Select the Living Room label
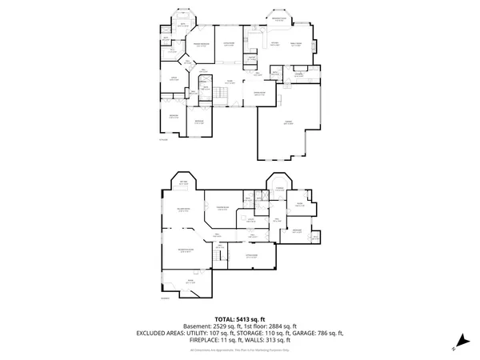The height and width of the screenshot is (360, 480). (229, 43)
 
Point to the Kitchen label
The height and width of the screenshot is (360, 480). (274, 43)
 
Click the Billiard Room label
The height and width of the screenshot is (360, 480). (183, 210)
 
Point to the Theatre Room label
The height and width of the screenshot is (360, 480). (222, 210)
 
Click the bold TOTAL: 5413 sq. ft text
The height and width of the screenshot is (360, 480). (240, 319)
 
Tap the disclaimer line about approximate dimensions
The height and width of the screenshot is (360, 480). (240, 350)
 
